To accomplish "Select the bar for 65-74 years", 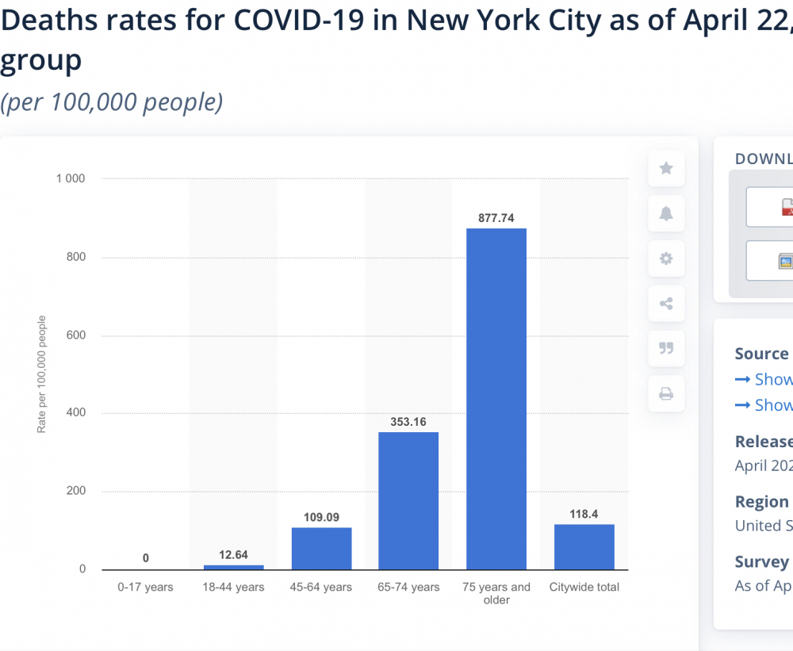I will click(x=408, y=500).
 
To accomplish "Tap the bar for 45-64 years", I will click(x=321, y=549).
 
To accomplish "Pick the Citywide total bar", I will click(x=584, y=546).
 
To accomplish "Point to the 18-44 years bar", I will click(x=234, y=567).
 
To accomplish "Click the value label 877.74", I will click(x=496, y=217).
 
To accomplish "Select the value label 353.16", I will click(x=408, y=421).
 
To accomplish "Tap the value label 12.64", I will click(x=234, y=555).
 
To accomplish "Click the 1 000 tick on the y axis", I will click(x=70, y=178).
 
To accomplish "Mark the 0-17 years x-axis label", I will click(x=146, y=588).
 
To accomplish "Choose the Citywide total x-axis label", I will click(x=584, y=588).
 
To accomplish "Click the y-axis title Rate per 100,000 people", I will click(x=42, y=374).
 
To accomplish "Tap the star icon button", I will click(x=666, y=168).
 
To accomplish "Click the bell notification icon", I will click(x=666, y=213).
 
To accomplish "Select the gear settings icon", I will click(x=666, y=258).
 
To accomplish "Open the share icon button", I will click(x=666, y=303).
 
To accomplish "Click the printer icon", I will click(x=666, y=393).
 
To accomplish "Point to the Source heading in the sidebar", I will click(x=761, y=354).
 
